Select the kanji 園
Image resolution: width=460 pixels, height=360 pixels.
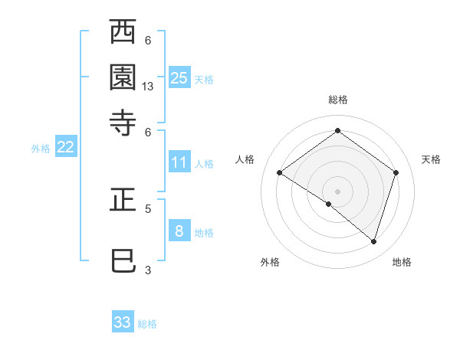[x=123, y=77]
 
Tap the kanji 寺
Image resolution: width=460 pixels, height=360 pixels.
[x=123, y=122]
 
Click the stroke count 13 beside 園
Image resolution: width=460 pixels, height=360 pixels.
[x=148, y=87]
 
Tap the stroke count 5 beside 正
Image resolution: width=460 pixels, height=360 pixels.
[x=148, y=208]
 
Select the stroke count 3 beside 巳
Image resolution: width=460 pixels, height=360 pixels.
[x=148, y=269]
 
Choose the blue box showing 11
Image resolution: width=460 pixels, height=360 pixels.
[x=179, y=162]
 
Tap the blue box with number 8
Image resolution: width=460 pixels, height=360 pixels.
[x=179, y=231]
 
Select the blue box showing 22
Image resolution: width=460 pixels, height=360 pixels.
[x=65, y=147]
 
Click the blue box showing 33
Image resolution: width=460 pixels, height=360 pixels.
[x=123, y=322]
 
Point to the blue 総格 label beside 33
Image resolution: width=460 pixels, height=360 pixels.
[x=147, y=324]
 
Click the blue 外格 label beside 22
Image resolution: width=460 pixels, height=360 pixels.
[x=40, y=149]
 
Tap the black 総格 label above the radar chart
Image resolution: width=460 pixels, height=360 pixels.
[x=337, y=100]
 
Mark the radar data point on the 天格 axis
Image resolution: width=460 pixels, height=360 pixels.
[x=396, y=172]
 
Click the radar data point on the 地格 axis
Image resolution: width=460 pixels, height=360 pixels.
[x=373, y=241]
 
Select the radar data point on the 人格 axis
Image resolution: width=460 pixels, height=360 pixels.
[x=280, y=172]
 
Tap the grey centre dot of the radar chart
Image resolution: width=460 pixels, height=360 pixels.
[x=337, y=191]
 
